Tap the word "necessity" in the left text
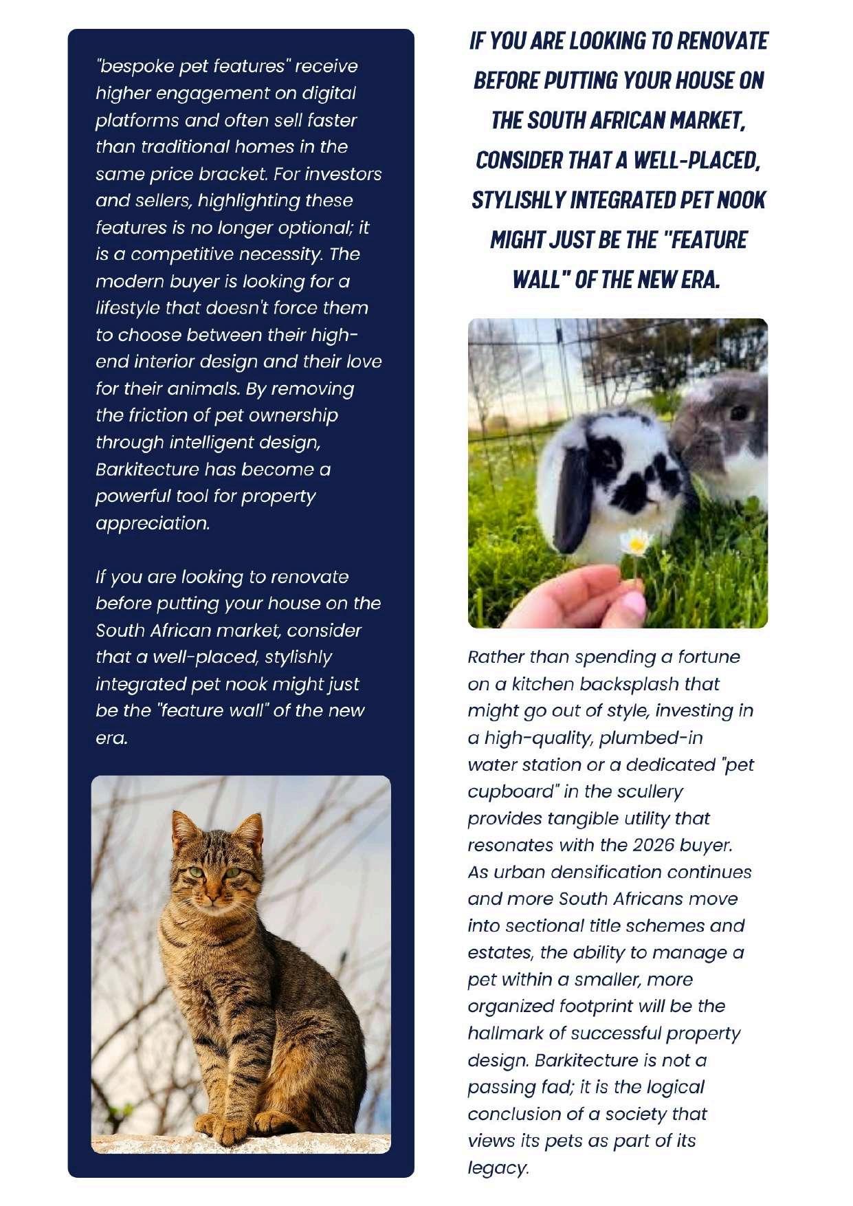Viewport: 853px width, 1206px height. [x=280, y=254]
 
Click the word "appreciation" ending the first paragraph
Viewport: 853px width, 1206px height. [x=152, y=523]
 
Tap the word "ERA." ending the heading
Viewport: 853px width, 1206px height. [x=699, y=280]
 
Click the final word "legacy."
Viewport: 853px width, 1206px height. [x=498, y=1167]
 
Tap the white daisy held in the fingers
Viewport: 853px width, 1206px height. [x=636, y=543]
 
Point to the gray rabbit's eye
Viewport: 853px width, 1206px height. [x=740, y=413]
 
